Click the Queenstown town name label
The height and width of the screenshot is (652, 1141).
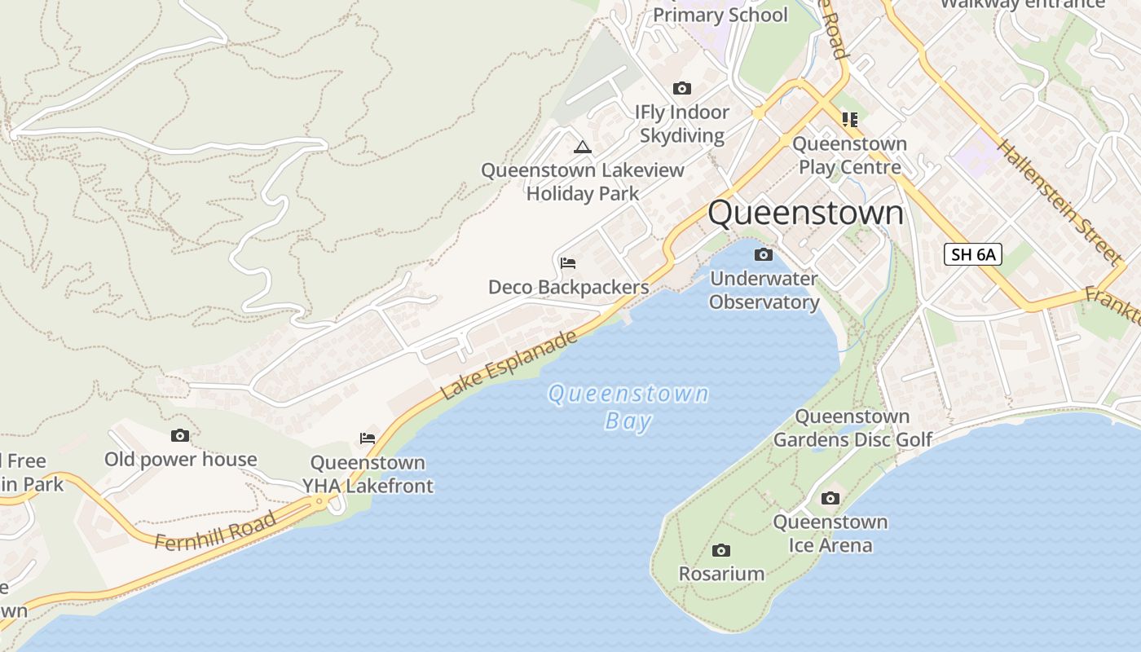pos(805,213)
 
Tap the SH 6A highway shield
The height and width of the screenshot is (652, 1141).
pos(973,254)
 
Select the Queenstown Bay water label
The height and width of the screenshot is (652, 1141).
pos(628,407)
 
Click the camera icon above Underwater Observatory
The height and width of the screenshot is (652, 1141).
pos(764,255)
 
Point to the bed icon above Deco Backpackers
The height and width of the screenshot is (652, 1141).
pos(568,263)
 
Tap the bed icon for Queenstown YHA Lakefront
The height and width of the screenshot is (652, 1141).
pos(368,438)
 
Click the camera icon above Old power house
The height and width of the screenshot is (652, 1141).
pos(180,436)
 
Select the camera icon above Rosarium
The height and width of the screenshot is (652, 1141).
pos(721,551)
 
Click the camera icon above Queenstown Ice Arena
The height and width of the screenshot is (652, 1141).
pos(830,499)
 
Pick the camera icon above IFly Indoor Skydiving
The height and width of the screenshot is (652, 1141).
pos(682,88)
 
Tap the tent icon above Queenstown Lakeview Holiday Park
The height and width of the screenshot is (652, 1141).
pos(582,147)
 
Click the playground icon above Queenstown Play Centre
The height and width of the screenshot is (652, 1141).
pos(850,120)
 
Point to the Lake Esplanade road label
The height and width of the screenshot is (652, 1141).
pos(509,365)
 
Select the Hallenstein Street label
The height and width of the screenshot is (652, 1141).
pos(1058,202)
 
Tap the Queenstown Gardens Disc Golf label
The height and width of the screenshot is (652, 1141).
pos(852,428)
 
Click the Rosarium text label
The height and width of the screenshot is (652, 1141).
pos(721,574)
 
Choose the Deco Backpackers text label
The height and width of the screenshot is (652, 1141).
pos(568,287)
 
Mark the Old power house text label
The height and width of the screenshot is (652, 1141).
pos(180,460)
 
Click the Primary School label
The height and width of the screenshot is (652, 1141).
pos(720,15)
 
